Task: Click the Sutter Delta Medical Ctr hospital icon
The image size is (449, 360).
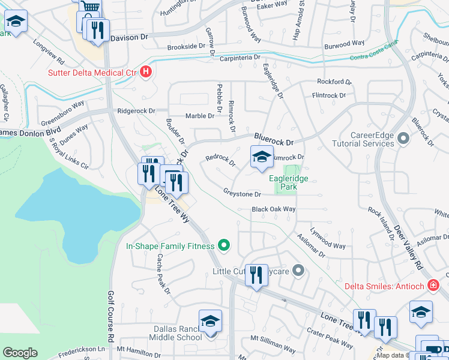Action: click(x=145, y=73)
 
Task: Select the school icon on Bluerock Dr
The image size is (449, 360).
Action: click(x=261, y=158)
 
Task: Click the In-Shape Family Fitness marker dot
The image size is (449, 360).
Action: click(x=224, y=245)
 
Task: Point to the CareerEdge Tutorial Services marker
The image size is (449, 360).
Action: click(x=403, y=139)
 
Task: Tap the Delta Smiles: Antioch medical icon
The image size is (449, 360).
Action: click(x=433, y=286)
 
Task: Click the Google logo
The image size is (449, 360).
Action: click(x=20, y=352)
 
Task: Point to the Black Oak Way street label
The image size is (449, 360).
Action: click(x=274, y=209)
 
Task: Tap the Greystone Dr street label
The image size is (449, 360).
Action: click(x=242, y=194)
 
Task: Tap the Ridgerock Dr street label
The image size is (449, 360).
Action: click(x=136, y=111)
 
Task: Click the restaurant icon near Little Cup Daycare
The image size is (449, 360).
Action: click(x=256, y=275)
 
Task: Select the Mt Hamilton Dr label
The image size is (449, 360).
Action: click(x=139, y=349)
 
